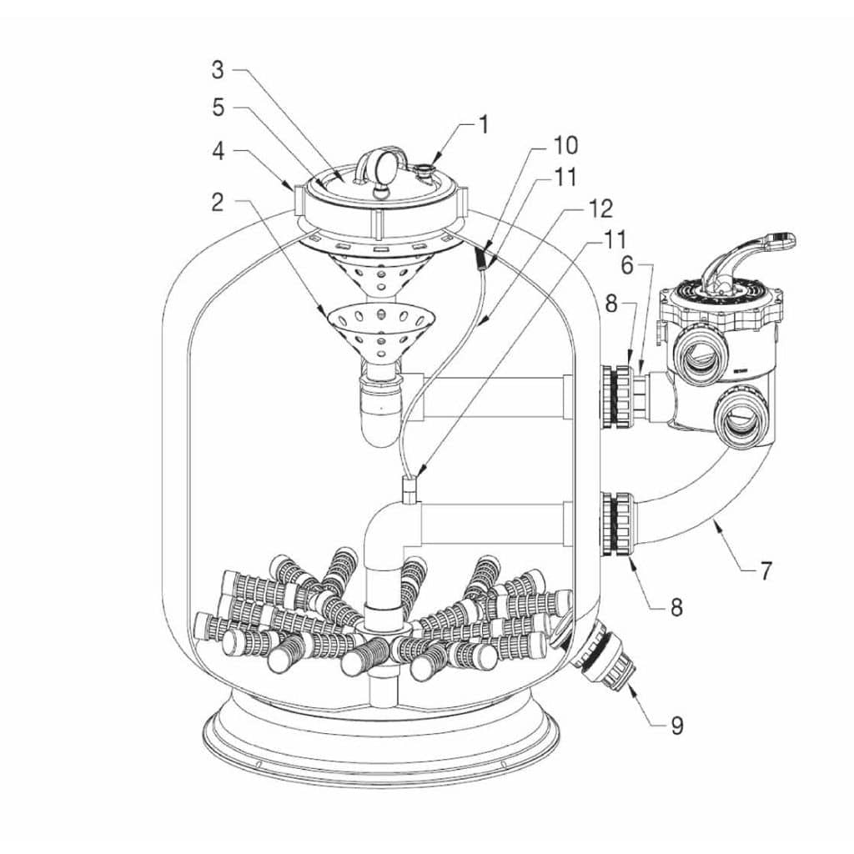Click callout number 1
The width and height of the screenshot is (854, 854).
tap(484, 124)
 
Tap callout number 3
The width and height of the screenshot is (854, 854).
tap(218, 70)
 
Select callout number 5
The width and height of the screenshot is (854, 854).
tap(218, 108)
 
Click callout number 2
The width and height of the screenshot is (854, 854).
tap(218, 201)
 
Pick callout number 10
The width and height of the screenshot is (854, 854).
tap(565, 145)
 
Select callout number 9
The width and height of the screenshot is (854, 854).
tap(676, 726)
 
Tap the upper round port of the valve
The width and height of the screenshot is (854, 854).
tap(698, 350)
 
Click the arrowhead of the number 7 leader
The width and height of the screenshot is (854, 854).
tap(715, 520)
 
